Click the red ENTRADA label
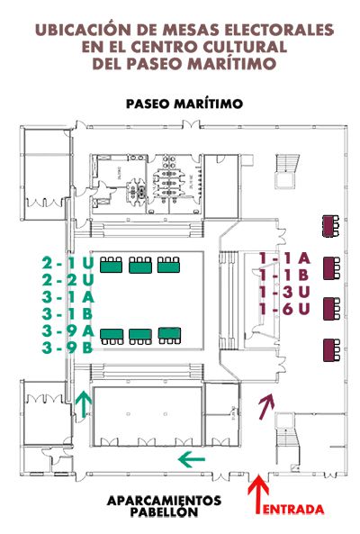[293, 509]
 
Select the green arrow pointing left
[192, 459]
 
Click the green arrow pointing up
[84, 404]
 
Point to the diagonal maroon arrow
[266, 406]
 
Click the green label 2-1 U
[67, 263]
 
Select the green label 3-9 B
[67, 348]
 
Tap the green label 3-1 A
[67, 296]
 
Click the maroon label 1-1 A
[284, 258]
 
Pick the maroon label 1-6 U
[284, 309]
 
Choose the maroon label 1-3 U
[284, 292]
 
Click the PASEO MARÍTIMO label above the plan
[184, 104]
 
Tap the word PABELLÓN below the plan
[164, 511]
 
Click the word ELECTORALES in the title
[279, 30]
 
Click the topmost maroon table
[330, 226]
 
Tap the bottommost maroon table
[331, 349]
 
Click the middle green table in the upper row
[140, 265]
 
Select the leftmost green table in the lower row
[112, 337]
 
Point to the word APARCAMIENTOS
[164, 501]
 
